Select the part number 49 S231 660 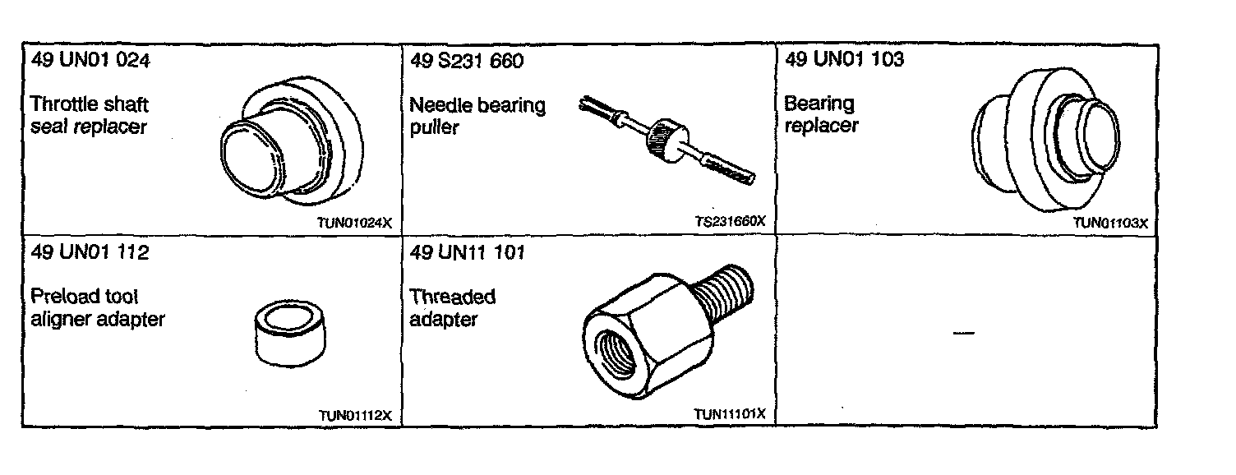pyautogui.click(x=466, y=62)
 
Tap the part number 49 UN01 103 pyautogui.click(x=845, y=59)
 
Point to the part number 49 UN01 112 pyautogui.click(x=90, y=252)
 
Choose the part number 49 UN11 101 pyautogui.click(x=467, y=252)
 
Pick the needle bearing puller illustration pyautogui.click(x=666, y=137)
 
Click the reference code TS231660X pyautogui.click(x=730, y=221)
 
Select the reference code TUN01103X pyautogui.click(x=1109, y=222)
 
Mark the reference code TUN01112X pyautogui.click(x=355, y=415)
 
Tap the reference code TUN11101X pyautogui.click(x=729, y=413)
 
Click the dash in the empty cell pyautogui.click(x=963, y=333)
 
